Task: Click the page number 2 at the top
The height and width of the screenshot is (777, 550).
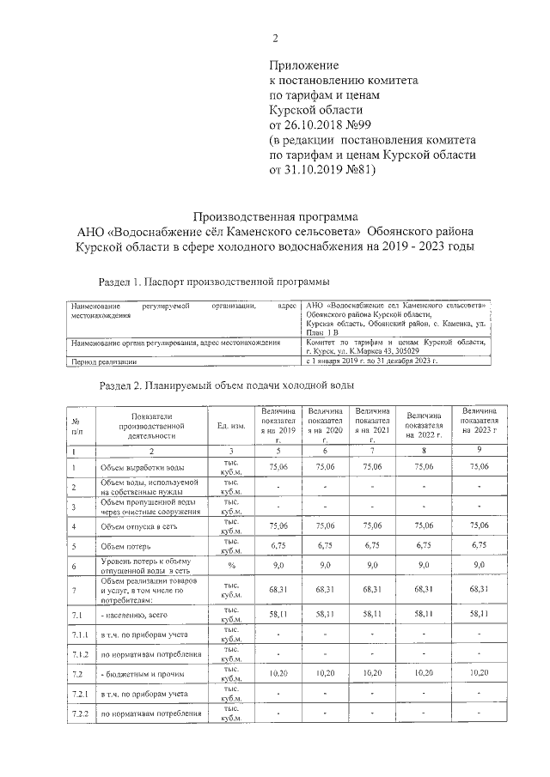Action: click(x=275, y=39)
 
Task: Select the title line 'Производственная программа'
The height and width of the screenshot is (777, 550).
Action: click(x=275, y=216)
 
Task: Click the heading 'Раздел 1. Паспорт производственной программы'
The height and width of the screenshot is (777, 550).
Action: click(x=215, y=281)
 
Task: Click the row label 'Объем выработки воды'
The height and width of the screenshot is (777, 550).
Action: click(x=141, y=466)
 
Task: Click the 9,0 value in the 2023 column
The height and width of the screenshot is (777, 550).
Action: click(x=480, y=566)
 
